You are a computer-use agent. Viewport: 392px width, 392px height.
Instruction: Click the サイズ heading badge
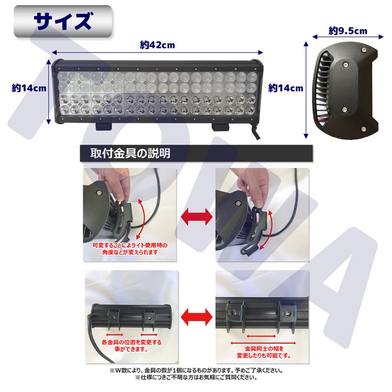63,21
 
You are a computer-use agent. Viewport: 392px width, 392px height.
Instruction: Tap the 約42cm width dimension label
157,45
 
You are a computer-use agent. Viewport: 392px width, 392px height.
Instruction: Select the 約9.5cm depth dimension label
348,31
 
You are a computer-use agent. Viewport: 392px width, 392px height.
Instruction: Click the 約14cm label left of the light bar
29,88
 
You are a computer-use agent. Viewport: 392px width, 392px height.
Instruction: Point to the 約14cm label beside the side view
286,88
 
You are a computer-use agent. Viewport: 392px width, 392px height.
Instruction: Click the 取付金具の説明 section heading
130,153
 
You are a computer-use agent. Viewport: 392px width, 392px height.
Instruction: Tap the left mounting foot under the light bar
104,127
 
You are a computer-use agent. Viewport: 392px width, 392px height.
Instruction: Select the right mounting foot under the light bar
220,127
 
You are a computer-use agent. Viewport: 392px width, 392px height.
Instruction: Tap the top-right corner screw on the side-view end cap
364,50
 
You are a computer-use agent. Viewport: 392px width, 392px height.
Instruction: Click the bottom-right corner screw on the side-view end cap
364,129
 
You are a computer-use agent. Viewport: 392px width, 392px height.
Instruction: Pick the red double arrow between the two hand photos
196,217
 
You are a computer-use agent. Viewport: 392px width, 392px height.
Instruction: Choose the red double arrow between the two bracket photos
196,317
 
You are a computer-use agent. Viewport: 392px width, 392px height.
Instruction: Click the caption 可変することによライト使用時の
130,245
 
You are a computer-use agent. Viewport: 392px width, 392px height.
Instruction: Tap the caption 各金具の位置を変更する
132,342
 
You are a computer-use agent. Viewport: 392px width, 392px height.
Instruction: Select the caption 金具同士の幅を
264,348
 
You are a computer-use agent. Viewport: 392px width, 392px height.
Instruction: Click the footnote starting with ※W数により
196,370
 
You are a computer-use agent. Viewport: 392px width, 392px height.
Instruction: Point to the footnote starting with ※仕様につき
196,377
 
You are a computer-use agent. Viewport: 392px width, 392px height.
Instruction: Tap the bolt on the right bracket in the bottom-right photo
288,312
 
